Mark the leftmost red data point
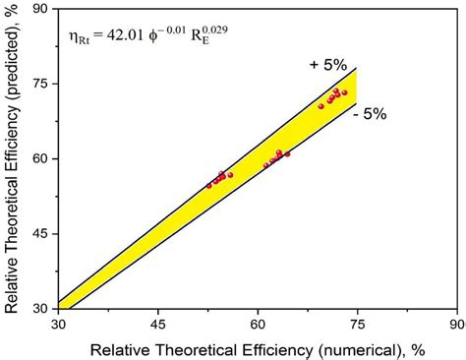point(209,184)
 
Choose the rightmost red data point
point(344,92)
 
